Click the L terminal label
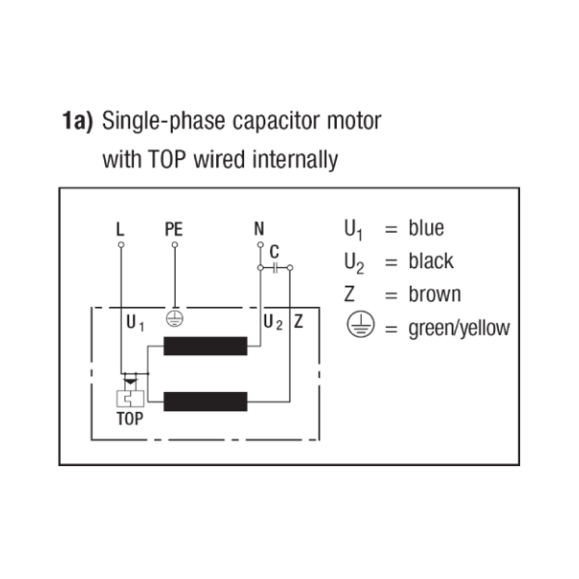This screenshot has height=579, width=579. coord(120,229)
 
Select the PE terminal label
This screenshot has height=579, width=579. coord(174,229)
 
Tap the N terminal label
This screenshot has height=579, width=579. coord(259,229)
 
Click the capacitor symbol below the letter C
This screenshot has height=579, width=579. coord(275,267)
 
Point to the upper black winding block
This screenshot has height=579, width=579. coord(206,346)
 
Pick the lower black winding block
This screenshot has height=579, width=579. coord(206,401)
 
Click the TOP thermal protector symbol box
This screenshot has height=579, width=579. coord(130,399)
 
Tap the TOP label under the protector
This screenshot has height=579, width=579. coord(130,419)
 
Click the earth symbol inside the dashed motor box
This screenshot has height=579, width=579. coord(175,318)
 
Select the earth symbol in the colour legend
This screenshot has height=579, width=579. coord(360,324)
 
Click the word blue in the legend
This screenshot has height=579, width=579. coord(427,228)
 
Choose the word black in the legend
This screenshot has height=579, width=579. coord(431,262)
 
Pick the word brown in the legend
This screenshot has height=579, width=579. coord(434,294)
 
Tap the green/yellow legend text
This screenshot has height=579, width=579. coord(459,328)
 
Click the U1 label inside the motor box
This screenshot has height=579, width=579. coord(135,322)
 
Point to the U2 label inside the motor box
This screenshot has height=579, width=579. coord(273,322)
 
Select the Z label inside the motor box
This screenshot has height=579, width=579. coord(298,321)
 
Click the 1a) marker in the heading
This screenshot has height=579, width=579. coord(77,122)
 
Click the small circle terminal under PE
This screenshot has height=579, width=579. coord(175,244)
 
